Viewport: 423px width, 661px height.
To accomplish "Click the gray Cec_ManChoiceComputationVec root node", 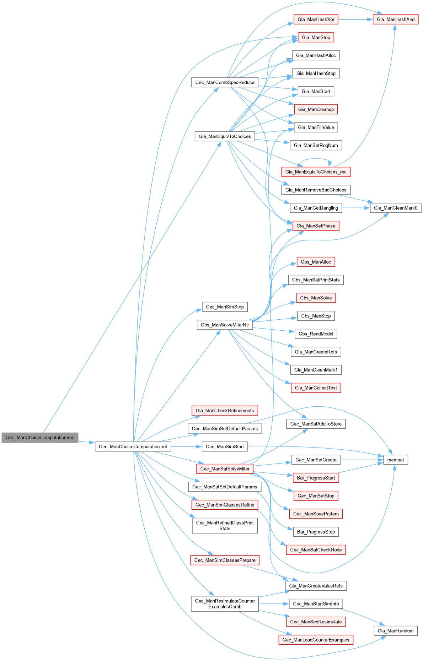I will (40, 437).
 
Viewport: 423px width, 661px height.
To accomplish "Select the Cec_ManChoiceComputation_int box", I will (133, 446).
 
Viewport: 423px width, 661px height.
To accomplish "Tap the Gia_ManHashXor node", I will (316, 19).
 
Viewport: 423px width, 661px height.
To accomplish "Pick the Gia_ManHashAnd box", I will (395, 19).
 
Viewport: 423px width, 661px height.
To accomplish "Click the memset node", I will (395, 460).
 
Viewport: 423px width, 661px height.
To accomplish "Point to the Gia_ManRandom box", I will (395, 631).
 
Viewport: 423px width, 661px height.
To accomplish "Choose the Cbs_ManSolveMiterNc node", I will (225, 325).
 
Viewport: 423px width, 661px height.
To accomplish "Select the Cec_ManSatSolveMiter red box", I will (225, 469).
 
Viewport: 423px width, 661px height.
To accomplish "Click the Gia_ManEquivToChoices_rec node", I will (316, 172).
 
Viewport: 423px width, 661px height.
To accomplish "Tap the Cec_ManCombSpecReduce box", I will (225, 82).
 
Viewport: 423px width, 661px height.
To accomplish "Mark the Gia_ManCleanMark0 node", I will (395, 208).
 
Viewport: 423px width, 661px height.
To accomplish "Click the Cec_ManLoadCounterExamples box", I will (316, 640).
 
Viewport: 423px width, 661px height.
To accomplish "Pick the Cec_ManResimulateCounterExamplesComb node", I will (225, 604).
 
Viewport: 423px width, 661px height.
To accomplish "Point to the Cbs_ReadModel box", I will (316, 334).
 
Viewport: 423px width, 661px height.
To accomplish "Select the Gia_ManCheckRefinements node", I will (225, 411).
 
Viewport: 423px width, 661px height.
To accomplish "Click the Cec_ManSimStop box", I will (225, 307).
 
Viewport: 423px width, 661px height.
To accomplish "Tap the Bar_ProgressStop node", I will (316, 532).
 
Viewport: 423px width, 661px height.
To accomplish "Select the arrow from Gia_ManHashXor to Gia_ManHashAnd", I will (355, 19).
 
